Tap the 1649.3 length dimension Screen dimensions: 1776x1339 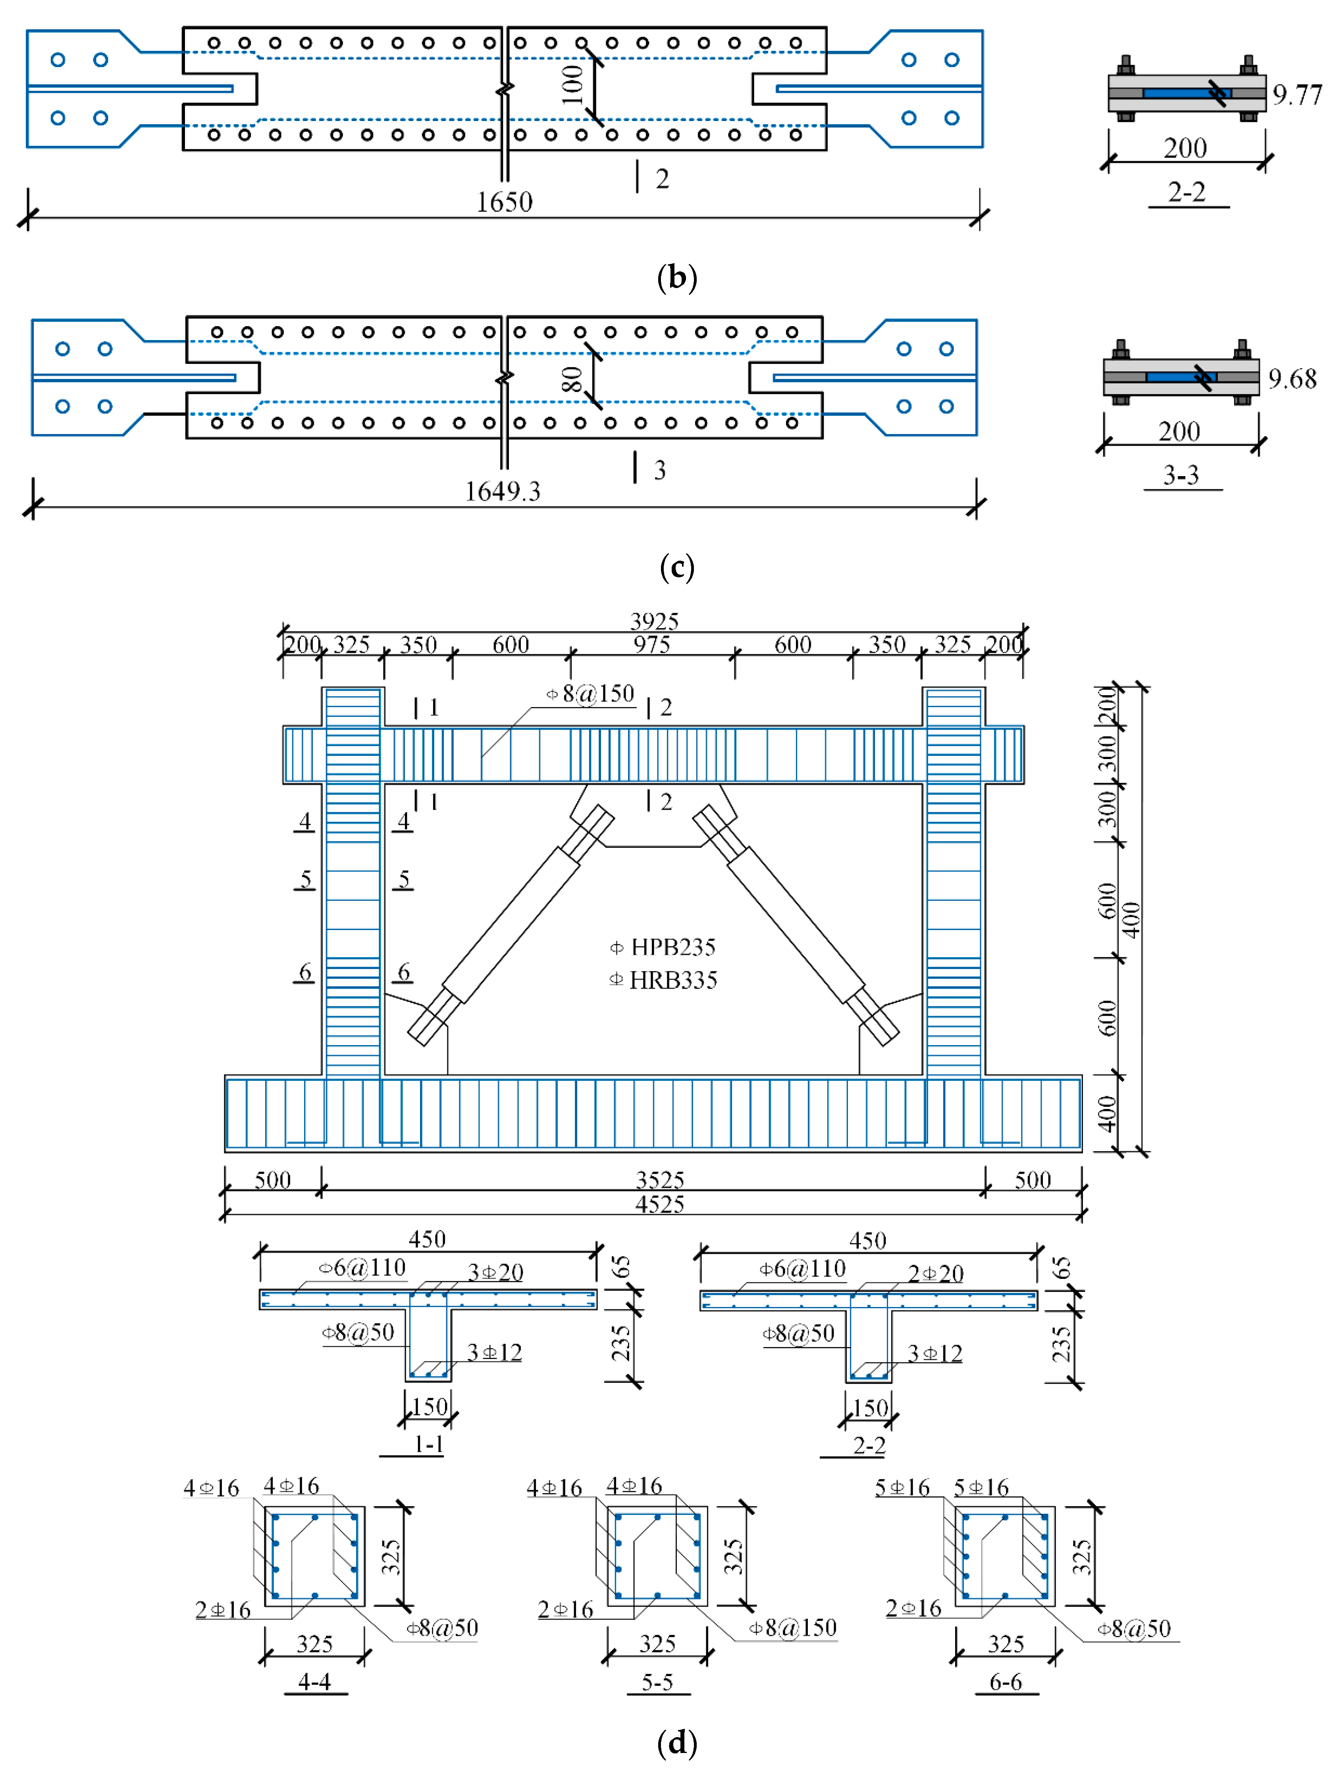[x=503, y=490]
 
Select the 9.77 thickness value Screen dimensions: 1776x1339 [x=1297, y=95]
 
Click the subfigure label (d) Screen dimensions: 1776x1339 [x=676, y=1742]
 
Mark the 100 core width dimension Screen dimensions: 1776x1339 [x=572, y=85]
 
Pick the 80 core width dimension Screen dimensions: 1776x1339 [x=572, y=379]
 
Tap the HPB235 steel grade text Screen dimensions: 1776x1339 [x=672, y=948]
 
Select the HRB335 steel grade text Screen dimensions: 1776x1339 [x=672, y=980]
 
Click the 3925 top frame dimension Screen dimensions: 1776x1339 [x=654, y=621]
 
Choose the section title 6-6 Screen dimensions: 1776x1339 [x=1006, y=1681]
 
